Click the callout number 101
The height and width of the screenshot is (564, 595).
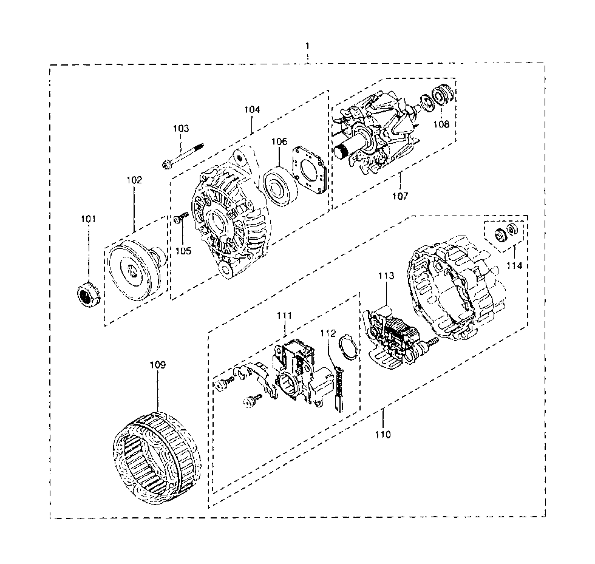pyautogui.click(x=89, y=219)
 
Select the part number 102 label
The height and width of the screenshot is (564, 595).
pyautogui.click(x=134, y=180)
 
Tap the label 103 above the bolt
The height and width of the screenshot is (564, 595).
pyautogui.click(x=181, y=129)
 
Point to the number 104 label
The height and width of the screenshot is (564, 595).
pyautogui.click(x=252, y=110)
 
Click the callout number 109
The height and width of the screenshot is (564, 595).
pyautogui.click(x=157, y=365)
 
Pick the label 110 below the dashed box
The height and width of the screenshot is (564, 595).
pyautogui.click(x=382, y=434)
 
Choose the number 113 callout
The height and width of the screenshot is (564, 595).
pyautogui.click(x=387, y=276)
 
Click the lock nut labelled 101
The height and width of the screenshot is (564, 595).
pyautogui.click(x=87, y=295)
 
